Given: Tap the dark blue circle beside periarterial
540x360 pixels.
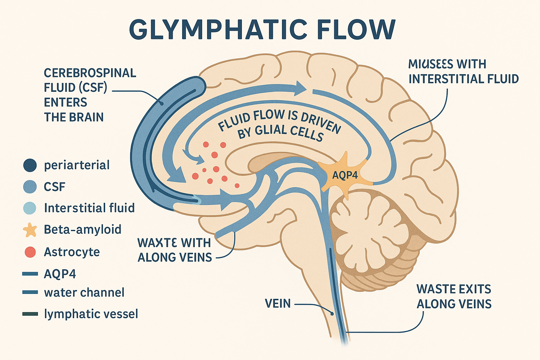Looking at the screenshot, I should (x=30, y=165).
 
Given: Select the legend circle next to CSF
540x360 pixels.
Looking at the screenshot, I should (x=30, y=186).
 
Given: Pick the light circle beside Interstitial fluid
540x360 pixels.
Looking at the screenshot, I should (x=30, y=208).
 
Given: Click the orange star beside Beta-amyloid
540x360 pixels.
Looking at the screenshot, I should (x=30, y=230).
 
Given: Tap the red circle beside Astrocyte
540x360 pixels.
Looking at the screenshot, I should (x=30, y=252).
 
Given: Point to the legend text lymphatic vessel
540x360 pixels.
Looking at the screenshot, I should (x=91, y=314).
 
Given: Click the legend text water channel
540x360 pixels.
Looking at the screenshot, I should (x=84, y=292).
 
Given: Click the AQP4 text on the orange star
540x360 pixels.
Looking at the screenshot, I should (x=345, y=175).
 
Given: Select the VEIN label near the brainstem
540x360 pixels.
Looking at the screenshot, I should (x=278, y=303).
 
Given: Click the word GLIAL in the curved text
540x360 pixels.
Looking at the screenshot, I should (x=270, y=130).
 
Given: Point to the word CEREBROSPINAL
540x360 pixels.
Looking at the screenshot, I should (x=90, y=73).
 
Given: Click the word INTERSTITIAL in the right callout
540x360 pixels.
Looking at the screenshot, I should (x=444, y=79).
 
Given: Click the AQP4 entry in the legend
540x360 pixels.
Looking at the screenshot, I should (x=60, y=274).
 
